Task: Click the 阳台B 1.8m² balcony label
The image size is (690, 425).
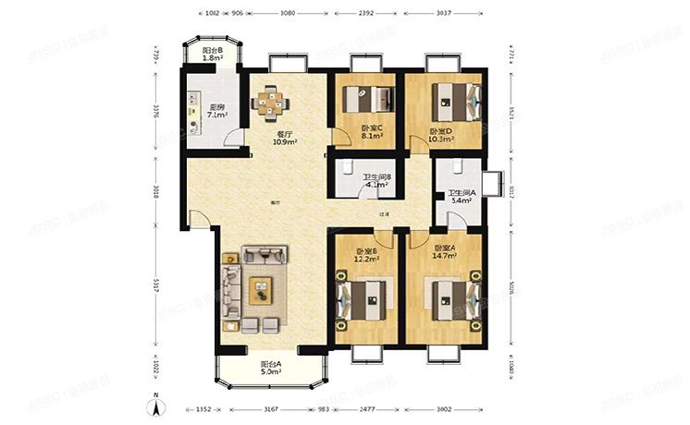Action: click(x=214, y=56)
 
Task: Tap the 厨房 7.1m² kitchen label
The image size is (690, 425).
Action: click(x=216, y=112)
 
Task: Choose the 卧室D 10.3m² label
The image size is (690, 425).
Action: click(x=442, y=136)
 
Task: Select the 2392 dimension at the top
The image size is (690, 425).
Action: click(x=367, y=14)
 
